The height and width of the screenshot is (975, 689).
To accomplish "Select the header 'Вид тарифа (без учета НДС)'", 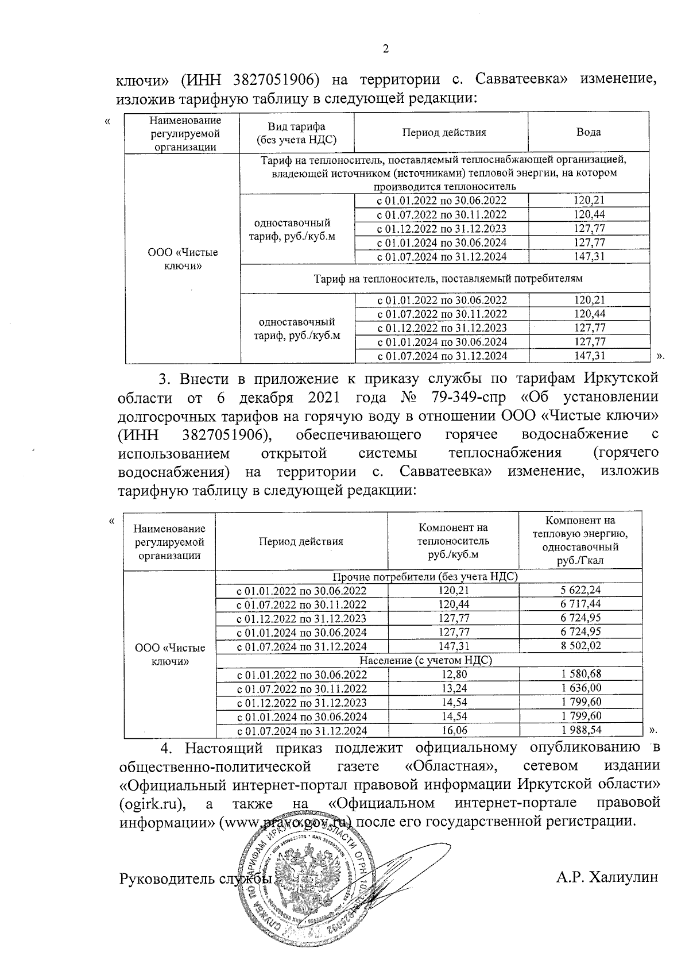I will pos(297,133).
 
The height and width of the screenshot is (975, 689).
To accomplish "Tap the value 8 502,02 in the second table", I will pos(580,646).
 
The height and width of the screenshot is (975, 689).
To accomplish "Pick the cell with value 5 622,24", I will pos(580,589).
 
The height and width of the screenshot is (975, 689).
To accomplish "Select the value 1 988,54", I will pos(580,730).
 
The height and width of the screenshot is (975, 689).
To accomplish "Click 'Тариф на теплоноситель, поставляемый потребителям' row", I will pos(448,279).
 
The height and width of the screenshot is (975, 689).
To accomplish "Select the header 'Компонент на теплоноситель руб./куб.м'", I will pos(453,541).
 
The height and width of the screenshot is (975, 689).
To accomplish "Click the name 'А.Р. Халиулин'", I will pos(606,893).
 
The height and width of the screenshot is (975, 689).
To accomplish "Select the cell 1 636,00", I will pos(580,688).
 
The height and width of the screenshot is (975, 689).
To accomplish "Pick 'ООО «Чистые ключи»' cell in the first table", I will pos(183,259).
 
